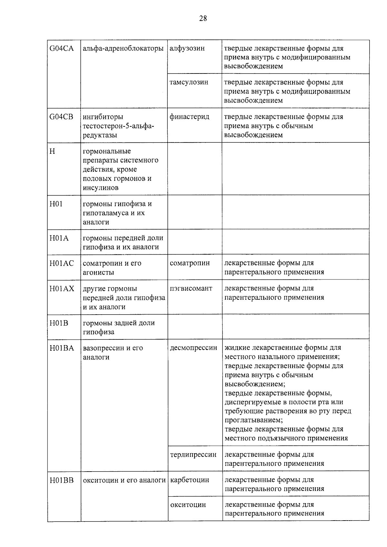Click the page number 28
coord(203,18)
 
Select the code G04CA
coord(61,49)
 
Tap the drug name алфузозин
coord(187,48)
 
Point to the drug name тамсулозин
coord(189,82)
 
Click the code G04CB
coord(61,117)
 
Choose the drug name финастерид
coord(189,117)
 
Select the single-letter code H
coord(52,151)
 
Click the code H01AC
coord(62,263)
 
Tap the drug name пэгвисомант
coord(191,288)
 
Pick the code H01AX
coord(62,288)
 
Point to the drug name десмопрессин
coord(193,348)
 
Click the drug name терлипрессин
coord(193,455)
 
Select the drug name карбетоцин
coord(190,480)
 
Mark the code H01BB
coord(62,480)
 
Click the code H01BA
coord(62,348)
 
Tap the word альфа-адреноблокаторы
coord(123,49)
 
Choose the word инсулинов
coord(101,188)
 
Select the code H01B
coord(59,323)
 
